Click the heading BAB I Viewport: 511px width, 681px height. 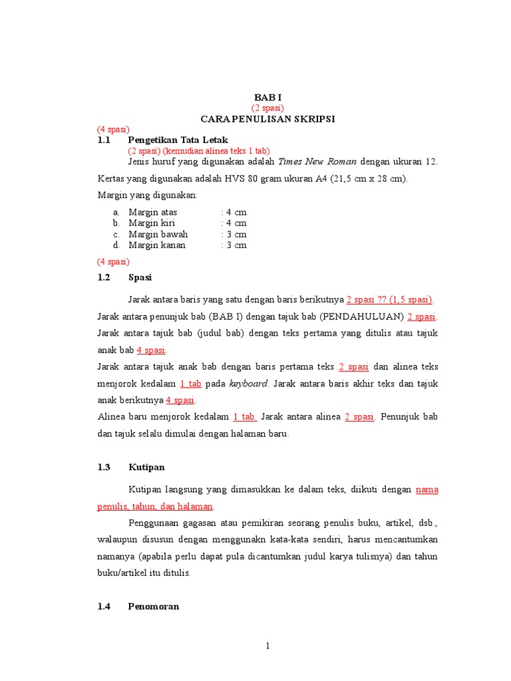pos(267,97)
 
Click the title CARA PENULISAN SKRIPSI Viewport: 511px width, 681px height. pos(268,118)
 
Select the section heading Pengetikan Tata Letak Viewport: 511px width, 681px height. pos(178,140)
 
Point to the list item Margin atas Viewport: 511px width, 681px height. pos(153,212)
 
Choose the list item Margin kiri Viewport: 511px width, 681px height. pos(152,223)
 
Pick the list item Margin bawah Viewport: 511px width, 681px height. pos(158,234)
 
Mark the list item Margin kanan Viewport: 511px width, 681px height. pos(157,245)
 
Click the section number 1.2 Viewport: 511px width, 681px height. pos(104,277)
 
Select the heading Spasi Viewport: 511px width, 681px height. pos(140,277)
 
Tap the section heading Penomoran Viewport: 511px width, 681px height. pos(153,607)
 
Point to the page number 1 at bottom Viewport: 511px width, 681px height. pos(267,646)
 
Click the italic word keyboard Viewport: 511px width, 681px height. pos(249,384)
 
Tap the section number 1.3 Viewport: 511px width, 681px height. pos(104,468)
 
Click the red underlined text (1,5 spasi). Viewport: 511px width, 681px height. pos(411,299)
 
